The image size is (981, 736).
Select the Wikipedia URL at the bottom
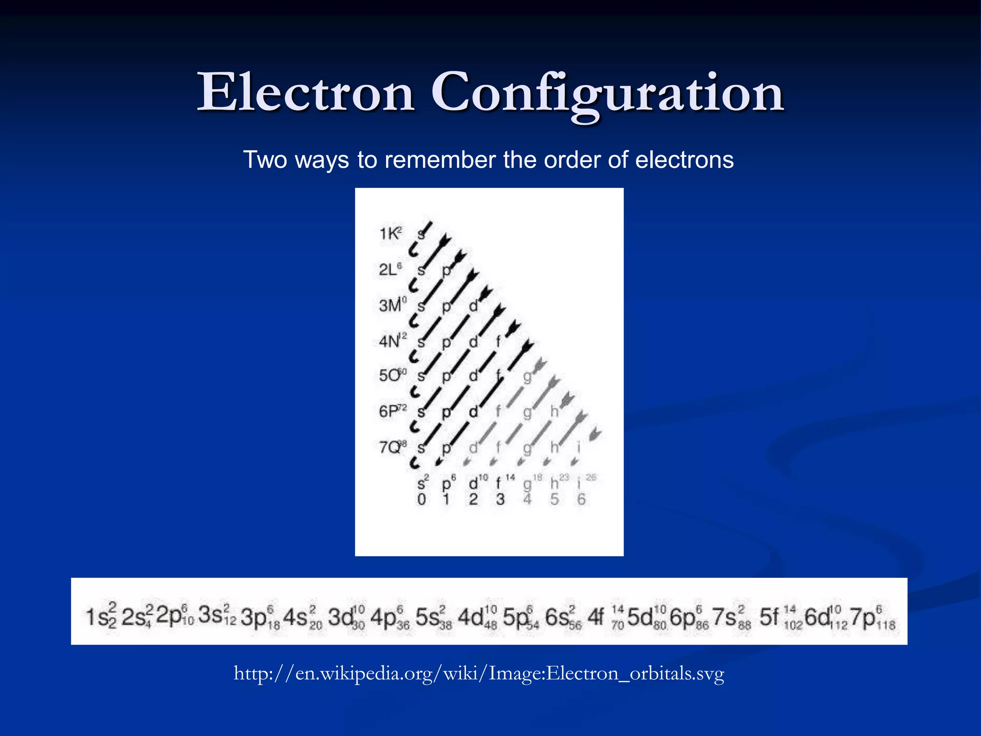pos(479,673)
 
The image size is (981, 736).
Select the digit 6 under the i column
pos(581,499)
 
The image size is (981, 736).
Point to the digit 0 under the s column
pos(421,499)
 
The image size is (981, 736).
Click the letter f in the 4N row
pos(498,341)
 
